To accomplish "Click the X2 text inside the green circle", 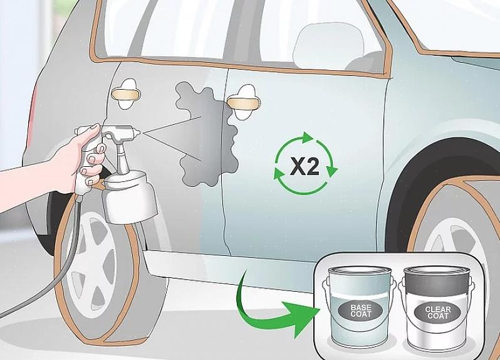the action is (305, 166).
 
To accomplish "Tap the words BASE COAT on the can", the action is (361, 310).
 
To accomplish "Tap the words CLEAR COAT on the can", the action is (438, 312).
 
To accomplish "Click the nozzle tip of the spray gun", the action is (138, 132).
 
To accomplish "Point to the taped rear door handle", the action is (126, 94).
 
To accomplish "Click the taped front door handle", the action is (244, 103).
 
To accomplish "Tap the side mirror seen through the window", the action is (328, 45).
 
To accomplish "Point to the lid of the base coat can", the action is (360, 271).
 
